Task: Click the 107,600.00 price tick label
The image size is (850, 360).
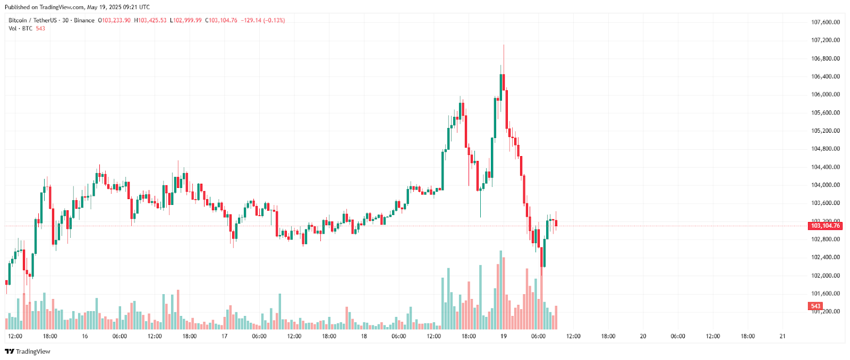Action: pyautogui.click(x=825, y=22)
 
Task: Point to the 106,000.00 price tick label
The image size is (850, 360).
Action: pyautogui.click(x=825, y=95)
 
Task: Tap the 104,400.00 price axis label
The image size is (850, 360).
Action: pyautogui.click(x=825, y=167)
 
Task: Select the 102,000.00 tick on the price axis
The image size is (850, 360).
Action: pyautogui.click(x=825, y=276)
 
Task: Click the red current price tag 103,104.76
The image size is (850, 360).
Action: pyautogui.click(x=825, y=226)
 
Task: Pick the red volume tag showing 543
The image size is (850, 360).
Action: pyautogui.click(x=815, y=306)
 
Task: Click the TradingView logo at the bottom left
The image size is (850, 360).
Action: pyautogui.click(x=28, y=352)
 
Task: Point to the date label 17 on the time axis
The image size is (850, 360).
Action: pyautogui.click(x=224, y=336)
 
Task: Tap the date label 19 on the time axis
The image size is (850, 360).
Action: pyautogui.click(x=503, y=336)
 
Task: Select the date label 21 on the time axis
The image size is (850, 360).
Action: pyautogui.click(x=782, y=336)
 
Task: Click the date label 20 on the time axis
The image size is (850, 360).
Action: pyautogui.click(x=643, y=336)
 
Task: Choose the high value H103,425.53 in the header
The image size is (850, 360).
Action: pyautogui.click(x=150, y=20)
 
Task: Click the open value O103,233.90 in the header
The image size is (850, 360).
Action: pyautogui.click(x=114, y=20)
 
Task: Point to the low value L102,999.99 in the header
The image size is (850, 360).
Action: pyautogui.click(x=186, y=20)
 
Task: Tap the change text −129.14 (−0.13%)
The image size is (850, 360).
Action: pyautogui.click(x=263, y=20)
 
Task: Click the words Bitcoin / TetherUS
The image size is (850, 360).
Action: pyautogui.click(x=32, y=20)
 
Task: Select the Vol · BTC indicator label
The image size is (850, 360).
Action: pyautogui.click(x=20, y=28)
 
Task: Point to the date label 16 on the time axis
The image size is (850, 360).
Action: pyautogui.click(x=85, y=336)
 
